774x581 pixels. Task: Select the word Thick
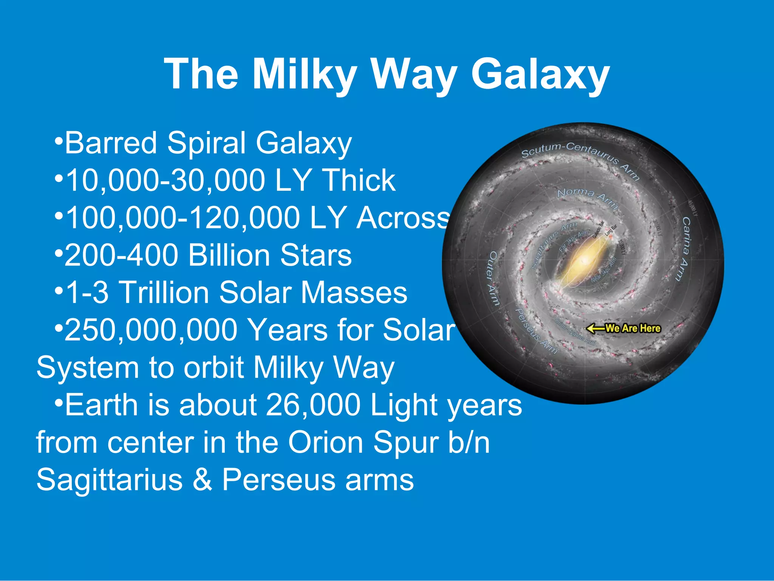[359, 180]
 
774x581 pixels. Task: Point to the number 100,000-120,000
[183, 218]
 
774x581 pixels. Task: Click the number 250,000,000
[151, 330]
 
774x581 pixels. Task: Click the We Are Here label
[633, 328]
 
